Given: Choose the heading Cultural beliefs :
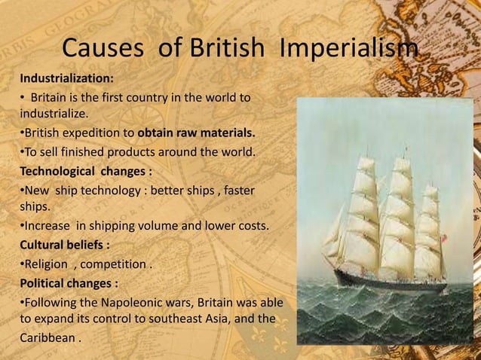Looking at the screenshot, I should pyautogui.click(x=63, y=245).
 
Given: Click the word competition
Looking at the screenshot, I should pyautogui.click(x=117, y=264).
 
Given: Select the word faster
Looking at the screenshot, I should pyautogui.click(x=238, y=189).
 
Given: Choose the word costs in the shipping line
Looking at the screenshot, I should pyautogui.click(x=250, y=224).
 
